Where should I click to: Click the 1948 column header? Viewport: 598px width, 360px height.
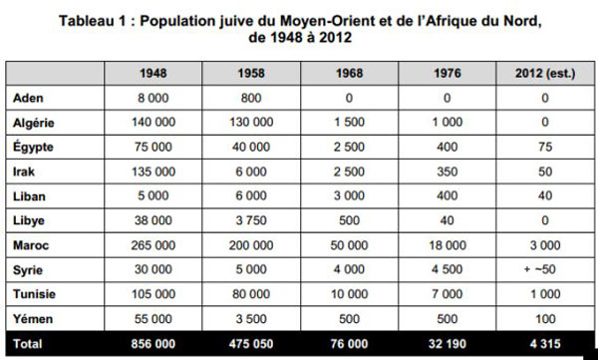pos(152,73)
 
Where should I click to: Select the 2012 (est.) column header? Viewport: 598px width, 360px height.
pos(545,73)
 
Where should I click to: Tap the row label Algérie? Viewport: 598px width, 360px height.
pos(34,123)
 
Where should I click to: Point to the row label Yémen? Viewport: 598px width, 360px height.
pos(33,319)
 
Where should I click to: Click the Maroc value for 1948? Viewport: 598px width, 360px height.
pos(152,245)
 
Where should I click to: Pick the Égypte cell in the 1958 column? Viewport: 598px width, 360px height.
pos(251,147)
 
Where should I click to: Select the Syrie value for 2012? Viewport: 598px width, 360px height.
pos(539,269)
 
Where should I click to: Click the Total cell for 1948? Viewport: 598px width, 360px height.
pos(152,344)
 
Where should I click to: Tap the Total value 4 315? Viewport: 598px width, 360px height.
pos(545,344)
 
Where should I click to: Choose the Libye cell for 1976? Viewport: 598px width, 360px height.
pos(447,220)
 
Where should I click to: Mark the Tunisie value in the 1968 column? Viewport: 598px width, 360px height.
pos(349,294)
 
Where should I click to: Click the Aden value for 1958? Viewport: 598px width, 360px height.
pos(251,98)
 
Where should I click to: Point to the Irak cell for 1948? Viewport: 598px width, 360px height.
pos(152,172)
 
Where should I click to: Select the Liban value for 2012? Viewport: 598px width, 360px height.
pos(545,195)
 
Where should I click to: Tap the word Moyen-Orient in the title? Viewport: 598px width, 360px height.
pos(327,21)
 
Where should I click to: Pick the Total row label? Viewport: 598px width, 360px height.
pos(28,344)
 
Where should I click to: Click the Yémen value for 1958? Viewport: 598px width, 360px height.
pos(251,319)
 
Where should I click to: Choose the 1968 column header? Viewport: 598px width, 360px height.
pos(349,73)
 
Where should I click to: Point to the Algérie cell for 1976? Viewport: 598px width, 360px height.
pos(447,123)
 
